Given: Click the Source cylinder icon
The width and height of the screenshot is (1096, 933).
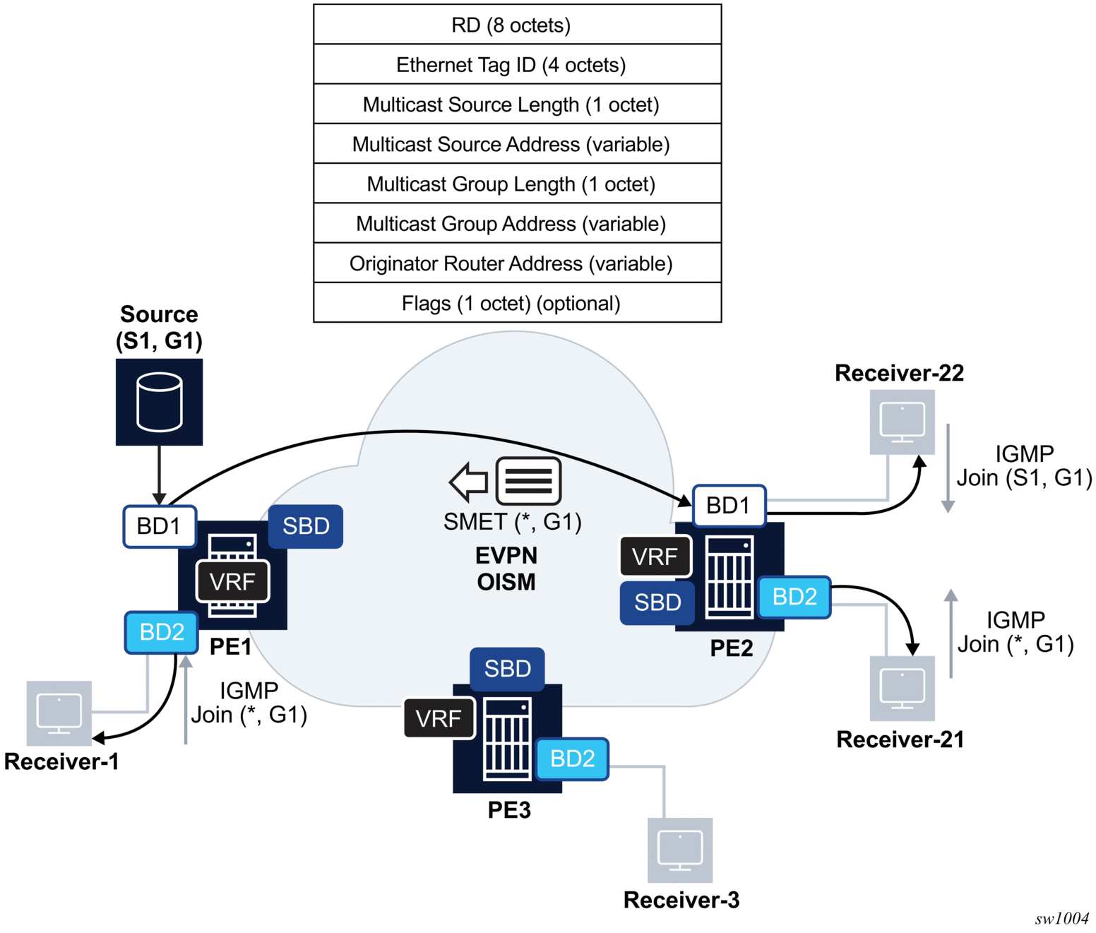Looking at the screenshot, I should (160, 402).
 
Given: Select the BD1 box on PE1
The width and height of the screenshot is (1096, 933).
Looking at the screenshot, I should (160, 526).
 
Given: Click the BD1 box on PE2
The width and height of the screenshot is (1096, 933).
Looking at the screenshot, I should (729, 506).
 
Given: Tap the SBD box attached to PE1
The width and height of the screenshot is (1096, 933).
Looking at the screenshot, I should (306, 526).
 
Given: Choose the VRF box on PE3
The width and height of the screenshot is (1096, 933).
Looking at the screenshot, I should (439, 718).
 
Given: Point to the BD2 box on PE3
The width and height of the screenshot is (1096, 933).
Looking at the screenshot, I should (572, 759).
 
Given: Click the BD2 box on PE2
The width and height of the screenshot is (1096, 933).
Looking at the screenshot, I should (794, 597).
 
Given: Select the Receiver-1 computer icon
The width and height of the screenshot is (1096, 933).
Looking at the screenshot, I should (59, 713).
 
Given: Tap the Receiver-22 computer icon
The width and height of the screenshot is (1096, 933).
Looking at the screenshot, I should (902, 422).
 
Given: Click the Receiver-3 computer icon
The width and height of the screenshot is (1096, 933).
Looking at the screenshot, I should (680, 850).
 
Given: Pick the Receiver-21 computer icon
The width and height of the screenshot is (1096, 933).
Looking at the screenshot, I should (902, 688).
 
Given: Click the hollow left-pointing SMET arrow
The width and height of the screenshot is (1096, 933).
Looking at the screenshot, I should (469, 482).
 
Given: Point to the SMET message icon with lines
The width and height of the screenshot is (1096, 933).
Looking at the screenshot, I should (529, 481).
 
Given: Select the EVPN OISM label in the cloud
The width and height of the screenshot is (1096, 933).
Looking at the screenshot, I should (506, 569).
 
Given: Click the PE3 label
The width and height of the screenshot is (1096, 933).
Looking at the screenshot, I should (509, 810).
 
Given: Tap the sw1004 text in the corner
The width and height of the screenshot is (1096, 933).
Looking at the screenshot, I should (1061, 918).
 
